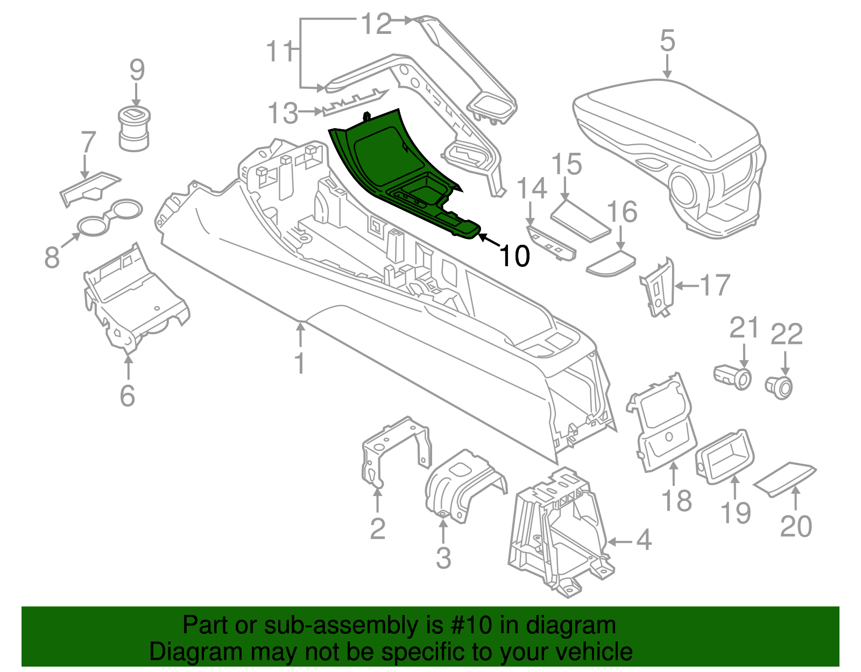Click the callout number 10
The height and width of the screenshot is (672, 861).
point(514,256)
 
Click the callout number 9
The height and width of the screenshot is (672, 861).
point(137,70)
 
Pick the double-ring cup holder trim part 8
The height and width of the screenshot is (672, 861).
point(110,216)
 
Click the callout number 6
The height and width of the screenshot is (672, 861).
point(127,396)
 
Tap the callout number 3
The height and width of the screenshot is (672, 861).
point(443,558)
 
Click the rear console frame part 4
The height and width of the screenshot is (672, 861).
point(554,533)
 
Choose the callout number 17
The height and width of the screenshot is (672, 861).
point(715,286)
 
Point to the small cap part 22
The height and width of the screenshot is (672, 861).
point(779,386)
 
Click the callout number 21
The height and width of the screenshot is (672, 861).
point(744,328)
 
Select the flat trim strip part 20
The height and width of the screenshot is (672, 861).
point(785,478)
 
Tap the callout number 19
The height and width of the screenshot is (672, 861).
point(736,512)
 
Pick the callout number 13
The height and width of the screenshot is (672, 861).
point(283,113)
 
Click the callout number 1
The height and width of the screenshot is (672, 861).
point(300,364)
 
